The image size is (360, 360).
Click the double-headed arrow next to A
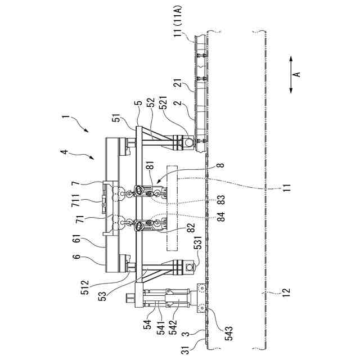click(290, 73)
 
